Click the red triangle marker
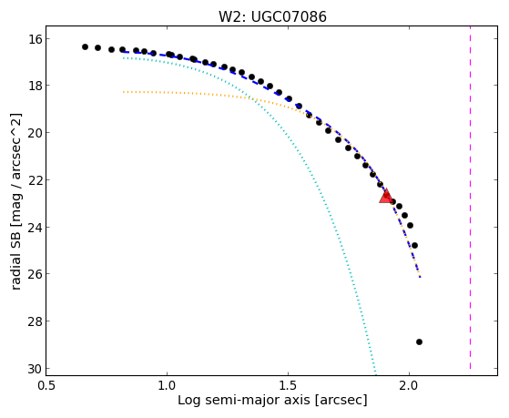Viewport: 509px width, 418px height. click(x=386, y=196)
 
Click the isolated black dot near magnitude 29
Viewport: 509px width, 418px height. click(x=419, y=342)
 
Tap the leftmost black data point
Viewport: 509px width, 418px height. click(x=85, y=46)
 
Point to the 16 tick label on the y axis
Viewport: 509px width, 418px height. click(x=34, y=39)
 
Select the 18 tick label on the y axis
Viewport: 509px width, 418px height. click(x=34, y=86)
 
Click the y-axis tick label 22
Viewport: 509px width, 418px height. click(x=34, y=180)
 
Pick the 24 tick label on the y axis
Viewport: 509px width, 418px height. click(x=34, y=227)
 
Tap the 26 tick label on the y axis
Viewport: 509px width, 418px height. click(x=34, y=274)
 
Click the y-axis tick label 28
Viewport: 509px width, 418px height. click(x=34, y=321)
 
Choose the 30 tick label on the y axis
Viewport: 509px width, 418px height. click(x=34, y=368)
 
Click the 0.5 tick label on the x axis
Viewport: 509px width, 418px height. click(x=46, y=385)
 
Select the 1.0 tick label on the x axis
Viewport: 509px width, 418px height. click(x=167, y=385)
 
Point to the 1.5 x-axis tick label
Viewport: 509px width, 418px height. click(x=288, y=385)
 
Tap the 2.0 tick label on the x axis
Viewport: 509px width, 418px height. click(x=409, y=385)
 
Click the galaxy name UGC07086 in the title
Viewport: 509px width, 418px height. click(x=289, y=17)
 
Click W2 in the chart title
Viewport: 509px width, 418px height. click(x=229, y=17)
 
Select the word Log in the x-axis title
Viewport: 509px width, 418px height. click(x=188, y=401)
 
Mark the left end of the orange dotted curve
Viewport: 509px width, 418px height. click(x=123, y=92)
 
